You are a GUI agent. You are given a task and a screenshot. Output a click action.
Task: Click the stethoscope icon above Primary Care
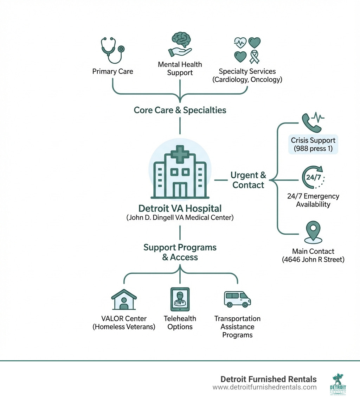pyautogui.click(x=112, y=50)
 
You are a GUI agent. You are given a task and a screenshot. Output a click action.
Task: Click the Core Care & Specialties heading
pyautogui.click(x=180, y=110)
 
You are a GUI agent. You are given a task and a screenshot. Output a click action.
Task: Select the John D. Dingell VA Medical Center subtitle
pyautogui.click(x=180, y=217)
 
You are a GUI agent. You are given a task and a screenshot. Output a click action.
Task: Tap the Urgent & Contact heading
pyautogui.click(x=248, y=180)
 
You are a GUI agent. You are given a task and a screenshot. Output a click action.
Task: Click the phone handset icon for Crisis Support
pyautogui.click(x=310, y=122)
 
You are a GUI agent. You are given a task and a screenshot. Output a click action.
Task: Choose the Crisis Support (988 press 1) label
pyautogui.click(x=313, y=144)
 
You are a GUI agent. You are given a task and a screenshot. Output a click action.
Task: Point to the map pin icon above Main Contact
pyautogui.click(x=313, y=231)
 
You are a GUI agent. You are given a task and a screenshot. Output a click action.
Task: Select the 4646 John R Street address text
pyautogui.click(x=313, y=260)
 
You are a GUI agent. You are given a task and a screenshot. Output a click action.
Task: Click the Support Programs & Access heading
pyautogui.click(x=180, y=252)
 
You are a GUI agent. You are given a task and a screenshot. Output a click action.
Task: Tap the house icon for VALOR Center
pyautogui.click(x=124, y=300)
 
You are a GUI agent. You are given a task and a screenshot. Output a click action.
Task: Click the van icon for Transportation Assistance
pyautogui.click(x=237, y=299)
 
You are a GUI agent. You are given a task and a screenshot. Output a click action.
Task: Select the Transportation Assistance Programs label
pyautogui.click(x=237, y=326)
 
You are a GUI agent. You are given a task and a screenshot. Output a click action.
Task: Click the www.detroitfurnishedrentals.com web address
pyautogui.click(x=264, y=387)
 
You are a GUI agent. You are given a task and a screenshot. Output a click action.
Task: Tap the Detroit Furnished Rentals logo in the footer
pyautogui.click(x=338, y=384)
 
